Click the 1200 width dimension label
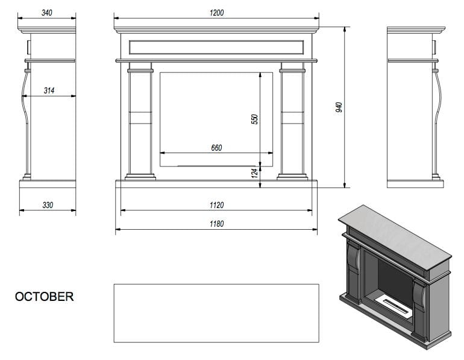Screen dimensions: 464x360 pyautogui.click(x=216, y=13)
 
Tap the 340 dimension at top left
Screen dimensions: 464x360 pyautogui.click(x=47, y=13)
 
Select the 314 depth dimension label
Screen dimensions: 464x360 pyautogui.click(x=49, y=90)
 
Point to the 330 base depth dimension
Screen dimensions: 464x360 pyautogui.click(x=48, y=205)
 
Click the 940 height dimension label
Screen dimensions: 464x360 pyautogui.click(x=339, y=107)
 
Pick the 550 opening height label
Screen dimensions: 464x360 pyautogui.click(x=254, y=119)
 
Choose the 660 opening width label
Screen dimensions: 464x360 pyautogui.click(x=216, y=148)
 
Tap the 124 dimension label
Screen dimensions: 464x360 pyautogui.click(x=254, y=174)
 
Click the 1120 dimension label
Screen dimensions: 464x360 pyautogui.click(x=216, y=205)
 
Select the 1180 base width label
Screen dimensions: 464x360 pyautogui.click(x=216, y=224)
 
